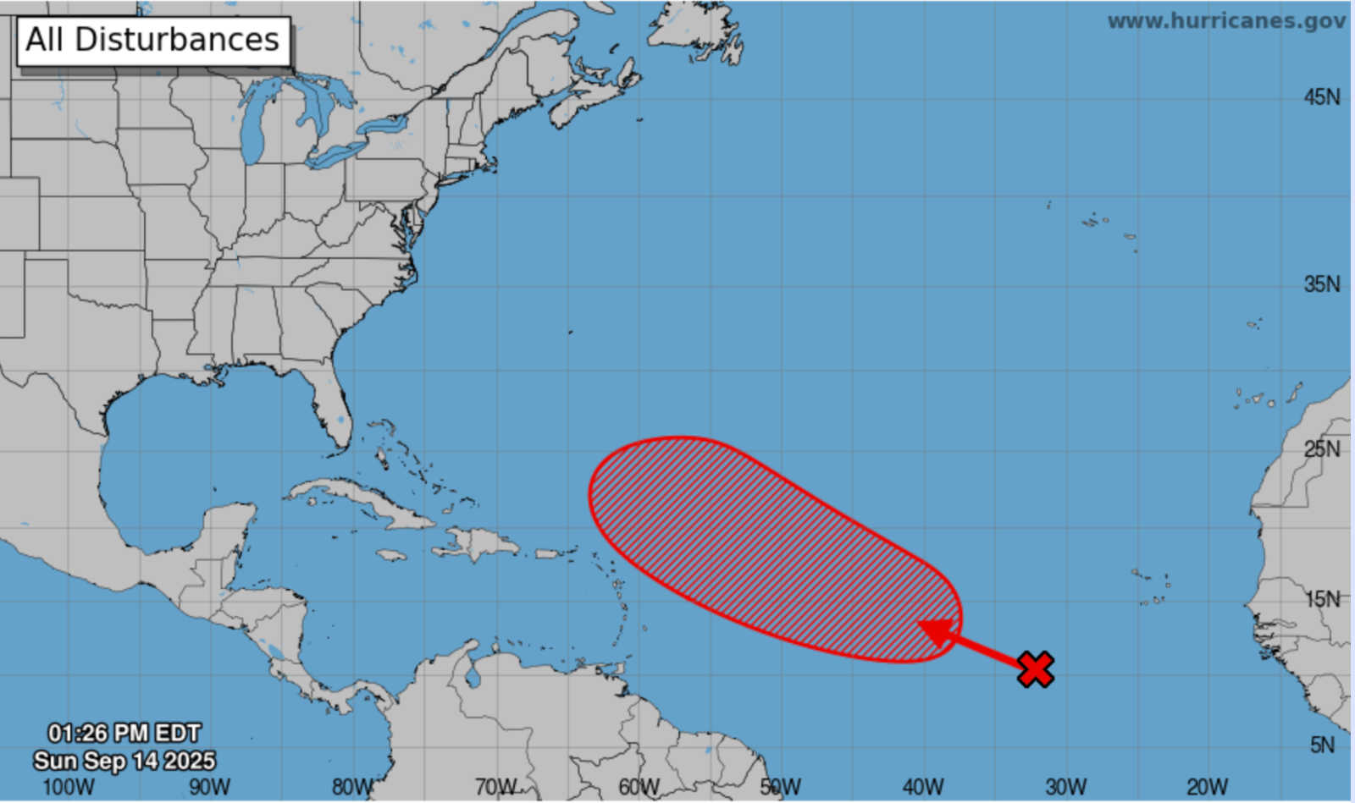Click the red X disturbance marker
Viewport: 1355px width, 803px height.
pyautogui.click(x=1035, y=668)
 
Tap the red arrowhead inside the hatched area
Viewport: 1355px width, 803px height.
pyautogui.click(x=936, y=631)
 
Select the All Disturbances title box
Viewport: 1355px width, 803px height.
pyautogui.click(x=153, y=40)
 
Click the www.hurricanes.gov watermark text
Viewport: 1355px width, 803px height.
pyautogui.click(x=1225, y=21)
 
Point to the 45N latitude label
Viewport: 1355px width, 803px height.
pyautogui.click(x=1321, y=97)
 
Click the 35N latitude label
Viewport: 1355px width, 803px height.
pyautogui.click(x=1321, y=284)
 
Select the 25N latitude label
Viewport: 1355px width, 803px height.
pyautogui.click(x=1321, y=448)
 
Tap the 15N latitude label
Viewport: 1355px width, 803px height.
pyautogui.click(x=1321, y=599)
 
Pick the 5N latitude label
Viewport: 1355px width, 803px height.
pyautogui.click(x=1322, y=745)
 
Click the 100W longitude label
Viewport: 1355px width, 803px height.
pyautogui.click(x=68, y=787)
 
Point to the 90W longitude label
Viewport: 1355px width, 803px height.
pyautogui.click(x=209, y=787)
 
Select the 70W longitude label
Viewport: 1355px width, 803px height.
pyautogui.click(x=495, y=787)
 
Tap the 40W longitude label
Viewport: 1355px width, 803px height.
pyautogui.click(x=922, y=787)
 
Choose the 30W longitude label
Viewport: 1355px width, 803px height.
pyautogui.click(x=1065, y=787)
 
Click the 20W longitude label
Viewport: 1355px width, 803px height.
pyautogui.click(x=1207, y=787)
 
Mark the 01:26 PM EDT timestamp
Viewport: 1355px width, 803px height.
pyautogui.click(x=124, y=733)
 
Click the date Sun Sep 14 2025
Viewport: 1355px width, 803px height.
pyautogui.click(x=124, y=760)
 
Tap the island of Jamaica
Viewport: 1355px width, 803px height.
pyautogui.click(x=391, y=555)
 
